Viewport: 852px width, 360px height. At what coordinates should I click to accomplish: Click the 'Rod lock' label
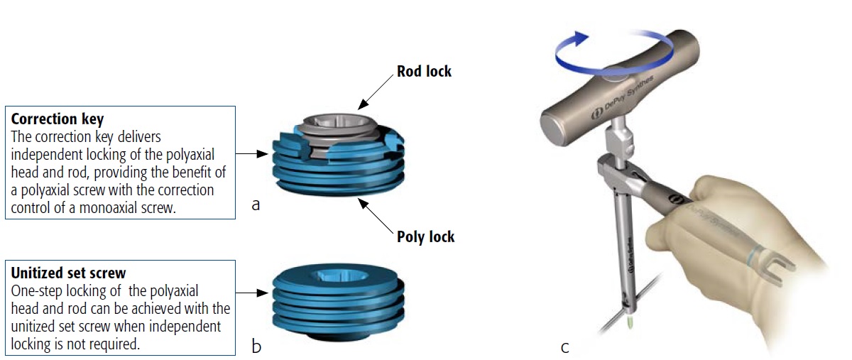point(424,71)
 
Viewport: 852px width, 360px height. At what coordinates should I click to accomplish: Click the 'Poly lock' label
point(425,236)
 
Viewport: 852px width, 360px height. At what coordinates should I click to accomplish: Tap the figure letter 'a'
point(256,205)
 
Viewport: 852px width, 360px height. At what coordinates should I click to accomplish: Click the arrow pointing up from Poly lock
point(376,215)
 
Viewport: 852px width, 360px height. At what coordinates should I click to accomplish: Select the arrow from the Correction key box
point(253,153)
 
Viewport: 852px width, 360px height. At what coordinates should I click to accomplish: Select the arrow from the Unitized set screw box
point(253,292)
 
